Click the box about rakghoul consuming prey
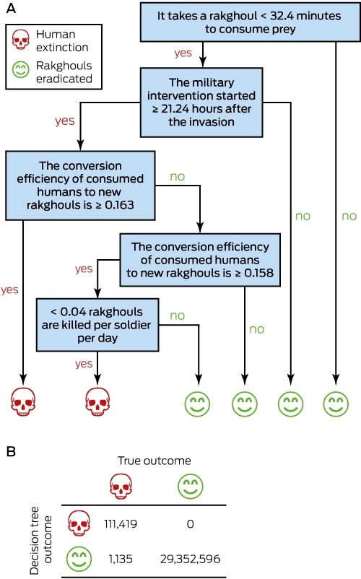click(x=250, y=22)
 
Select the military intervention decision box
click(x=201, y=103)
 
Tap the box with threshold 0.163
click(x=80, y=186)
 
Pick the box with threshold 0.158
click(x=200, y=260)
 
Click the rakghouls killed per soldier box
click(x=97, y=325)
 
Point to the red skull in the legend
click(x=20, y=40)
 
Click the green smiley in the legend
click(x=20, y=69)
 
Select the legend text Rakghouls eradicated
click(x=64, y=72)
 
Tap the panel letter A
click(x=11, y=8)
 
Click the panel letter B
click(x=11, y=451)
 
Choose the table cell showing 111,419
click(x=121, y=523)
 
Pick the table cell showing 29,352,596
click(x=190, y=559)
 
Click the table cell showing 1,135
click(x=121, y=559)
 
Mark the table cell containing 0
click(x=190, y=523)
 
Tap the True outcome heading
click(x=155, y=461)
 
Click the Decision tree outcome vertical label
click(x=40, y=540)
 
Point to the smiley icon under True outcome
click(x=190, y=487)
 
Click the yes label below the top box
click(x=183, y=53)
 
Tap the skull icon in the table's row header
click(x=79, y=523)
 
